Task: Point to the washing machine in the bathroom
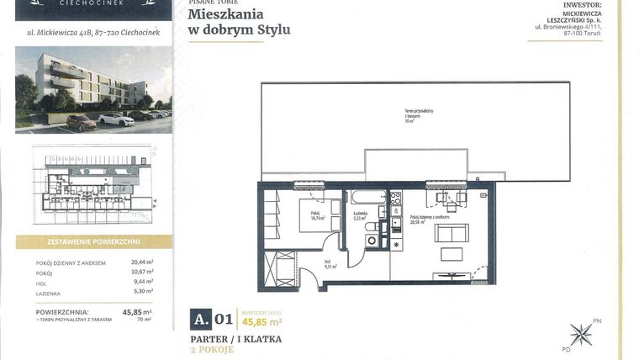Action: [372, 241]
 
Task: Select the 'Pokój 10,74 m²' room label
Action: [317, 214]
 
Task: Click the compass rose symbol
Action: [580, 334]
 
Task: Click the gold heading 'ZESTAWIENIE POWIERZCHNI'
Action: [93, 241]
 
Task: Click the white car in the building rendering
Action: [116, 119]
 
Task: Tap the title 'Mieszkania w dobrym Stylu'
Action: [239, 22]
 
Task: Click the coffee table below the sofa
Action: [452, 254]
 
